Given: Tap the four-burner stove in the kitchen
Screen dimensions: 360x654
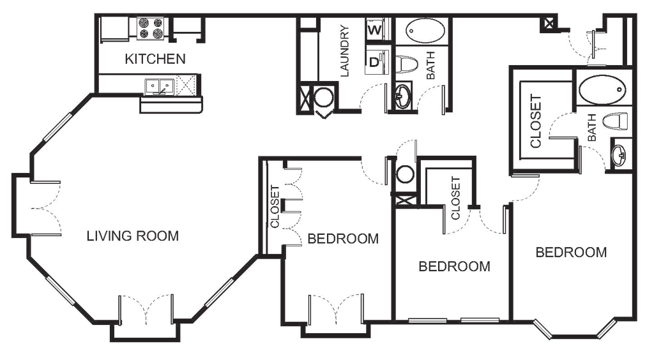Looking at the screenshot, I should pyautogui.click(x=151, y=27).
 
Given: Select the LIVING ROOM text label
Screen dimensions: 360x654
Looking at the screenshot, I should pyautogui.click(x=135, y=236).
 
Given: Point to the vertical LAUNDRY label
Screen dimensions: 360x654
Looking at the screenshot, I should pyautogui.click(x=346, y=51).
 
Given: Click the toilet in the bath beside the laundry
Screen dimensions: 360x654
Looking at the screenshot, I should pyautogui.click(x=402, y=97).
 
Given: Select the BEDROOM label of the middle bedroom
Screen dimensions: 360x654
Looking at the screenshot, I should pyautogui.click(x=455, y=266).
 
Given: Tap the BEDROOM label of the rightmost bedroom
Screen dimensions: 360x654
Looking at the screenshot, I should pyautogui.click(x=572, y=252).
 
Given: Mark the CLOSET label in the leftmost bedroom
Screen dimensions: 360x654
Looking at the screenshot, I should pyautogui.click(x=275, y=206).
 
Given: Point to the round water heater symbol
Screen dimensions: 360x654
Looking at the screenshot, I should pyautogui.click(x=325, y=99).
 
